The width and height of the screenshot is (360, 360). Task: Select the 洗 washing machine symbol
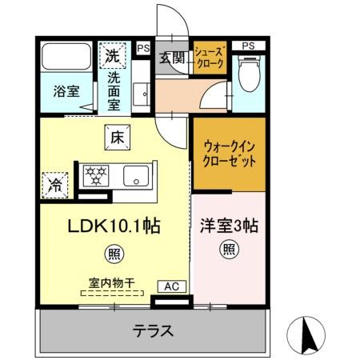[111, 58]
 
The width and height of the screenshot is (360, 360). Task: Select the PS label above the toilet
[249, 45]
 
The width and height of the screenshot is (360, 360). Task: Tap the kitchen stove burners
[97, 174]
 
